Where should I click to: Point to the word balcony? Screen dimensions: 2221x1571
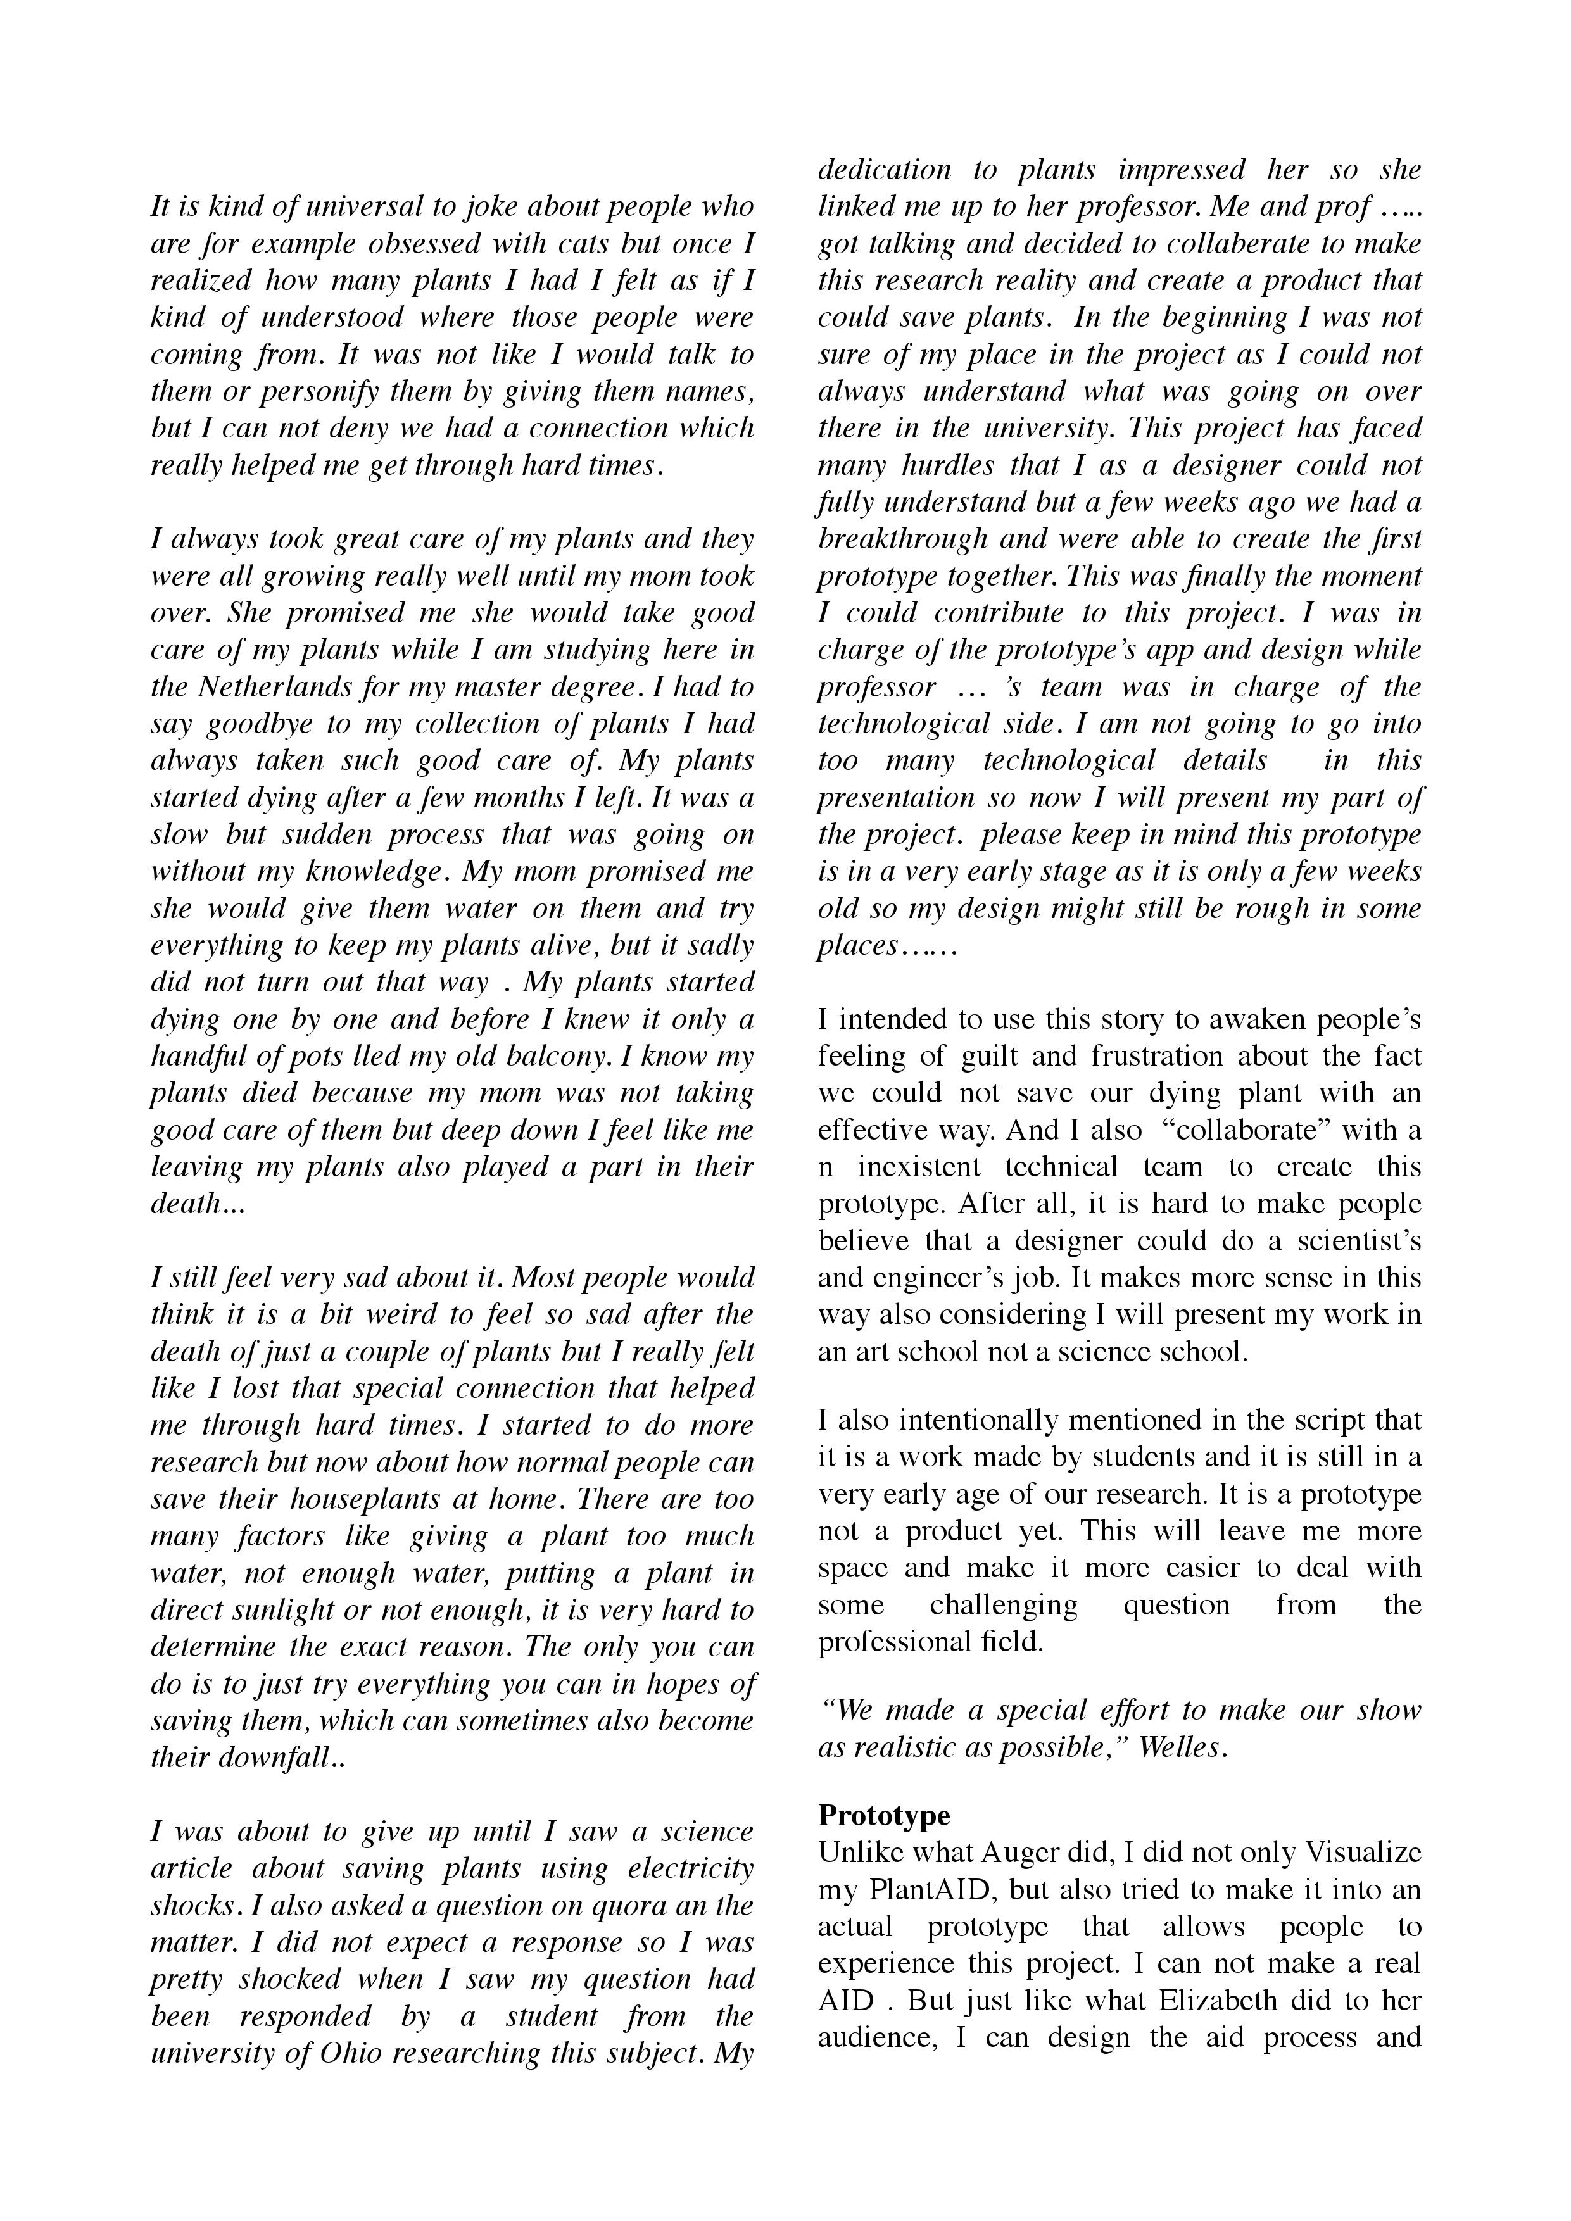coord(557,1056)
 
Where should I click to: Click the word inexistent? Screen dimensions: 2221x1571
coord(916,1167)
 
